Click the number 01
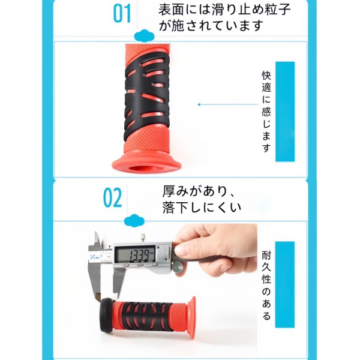point(122,13)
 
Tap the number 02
point(112,197)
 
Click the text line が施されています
point(211,26)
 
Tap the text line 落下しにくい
point(202,208)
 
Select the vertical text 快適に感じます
point(266,112)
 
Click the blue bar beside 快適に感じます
point(285,112)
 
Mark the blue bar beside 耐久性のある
point(285,286)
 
